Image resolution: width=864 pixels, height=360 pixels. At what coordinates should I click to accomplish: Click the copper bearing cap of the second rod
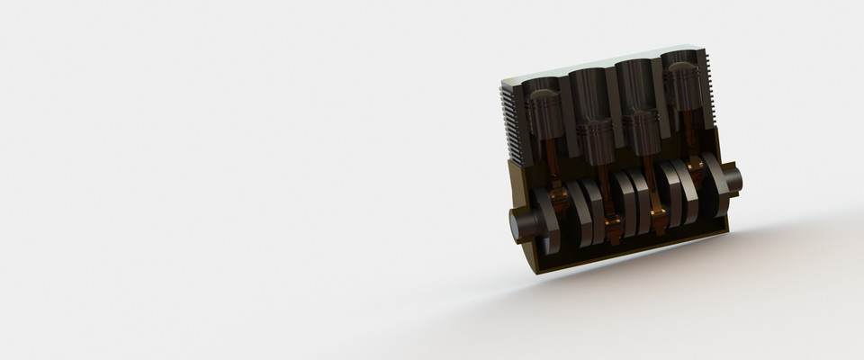(613, 225)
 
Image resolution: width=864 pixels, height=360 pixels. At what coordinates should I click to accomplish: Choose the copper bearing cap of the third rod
(659, 216)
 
